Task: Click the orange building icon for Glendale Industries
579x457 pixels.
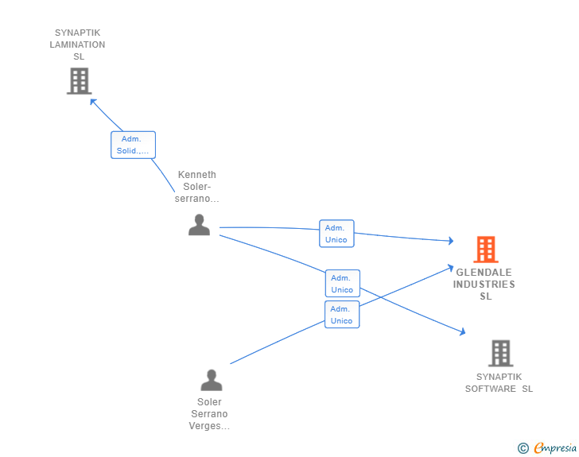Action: point(486,250)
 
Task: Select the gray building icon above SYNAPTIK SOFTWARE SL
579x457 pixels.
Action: point(501,353)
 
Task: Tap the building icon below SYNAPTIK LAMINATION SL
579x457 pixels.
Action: point(80,81)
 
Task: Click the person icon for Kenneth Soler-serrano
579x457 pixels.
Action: point(199,224)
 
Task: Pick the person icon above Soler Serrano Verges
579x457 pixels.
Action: point(212,380)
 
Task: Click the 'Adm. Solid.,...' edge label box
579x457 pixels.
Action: point(134,145)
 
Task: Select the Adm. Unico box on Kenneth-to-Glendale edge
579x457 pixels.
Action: point(336,234)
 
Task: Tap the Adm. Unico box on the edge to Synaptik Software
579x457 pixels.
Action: point(342,284)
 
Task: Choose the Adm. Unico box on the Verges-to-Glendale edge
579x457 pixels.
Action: point(342,315)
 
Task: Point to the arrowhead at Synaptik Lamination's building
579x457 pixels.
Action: point(92,101)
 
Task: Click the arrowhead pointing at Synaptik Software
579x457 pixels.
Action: point(463,332)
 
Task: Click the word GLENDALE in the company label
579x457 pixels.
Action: point(484,273)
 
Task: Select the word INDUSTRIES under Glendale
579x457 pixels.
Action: point(484,285)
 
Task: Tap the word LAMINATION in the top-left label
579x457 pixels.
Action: point(78,45)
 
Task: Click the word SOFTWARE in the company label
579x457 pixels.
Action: point(491,389)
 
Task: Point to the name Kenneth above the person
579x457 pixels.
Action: point(196,175)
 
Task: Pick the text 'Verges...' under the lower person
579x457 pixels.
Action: point(209,426)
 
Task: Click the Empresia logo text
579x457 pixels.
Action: point(555,448)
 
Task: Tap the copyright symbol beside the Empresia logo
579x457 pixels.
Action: point(523,448)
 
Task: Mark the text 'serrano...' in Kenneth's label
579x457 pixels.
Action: point(196,199)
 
